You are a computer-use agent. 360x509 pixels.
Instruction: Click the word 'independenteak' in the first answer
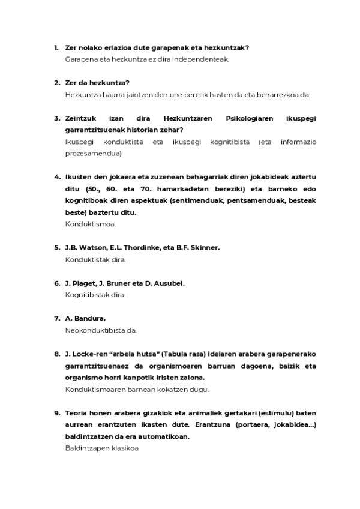coord(203,59)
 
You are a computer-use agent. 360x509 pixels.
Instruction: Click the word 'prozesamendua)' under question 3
coord(93,153)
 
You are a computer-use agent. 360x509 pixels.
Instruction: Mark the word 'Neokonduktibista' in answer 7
coord(95,330)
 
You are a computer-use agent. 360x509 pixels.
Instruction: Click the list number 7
coord(56,318)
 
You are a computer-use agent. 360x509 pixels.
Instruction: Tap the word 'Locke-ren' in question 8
coord(88,354)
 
